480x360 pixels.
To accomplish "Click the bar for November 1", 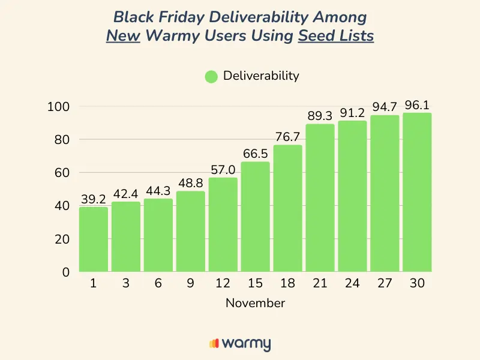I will pos(94,239).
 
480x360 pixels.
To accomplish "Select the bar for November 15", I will pos(256,217).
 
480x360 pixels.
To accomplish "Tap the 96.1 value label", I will pos(417,106).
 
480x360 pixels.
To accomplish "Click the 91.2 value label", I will pos(352,113).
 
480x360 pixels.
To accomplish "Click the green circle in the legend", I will pos(211,76).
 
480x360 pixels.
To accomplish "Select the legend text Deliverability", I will pos(260,76).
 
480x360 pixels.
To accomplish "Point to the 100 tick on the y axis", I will pos(59,107).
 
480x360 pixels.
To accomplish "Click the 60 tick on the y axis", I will pos(62,173).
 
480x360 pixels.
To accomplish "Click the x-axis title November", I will pos(255,303).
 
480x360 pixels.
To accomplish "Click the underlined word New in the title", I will pos(124,35).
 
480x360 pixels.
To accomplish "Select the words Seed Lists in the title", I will pos(336,35).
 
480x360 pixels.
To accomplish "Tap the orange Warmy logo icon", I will pos(214,344).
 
